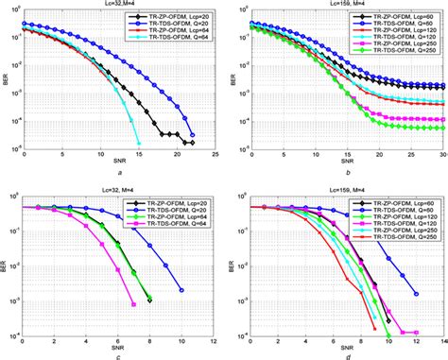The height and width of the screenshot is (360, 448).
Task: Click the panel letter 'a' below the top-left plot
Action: [119, 172]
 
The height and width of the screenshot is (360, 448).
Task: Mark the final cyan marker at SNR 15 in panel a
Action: [139, 143]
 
